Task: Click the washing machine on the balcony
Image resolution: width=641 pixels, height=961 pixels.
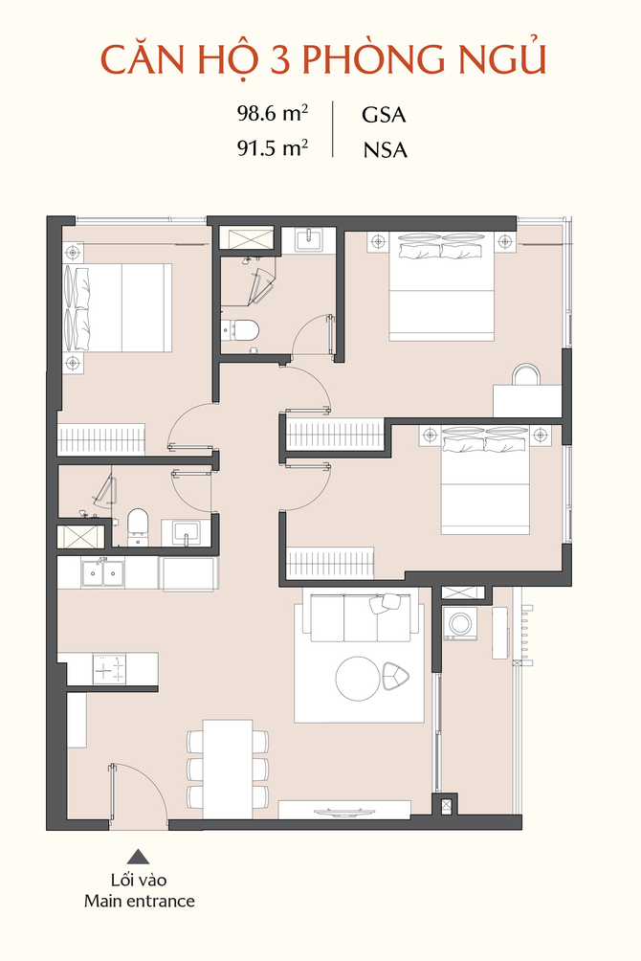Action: [459, 624]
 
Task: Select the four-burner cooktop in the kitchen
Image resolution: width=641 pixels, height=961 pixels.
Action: [109, 669]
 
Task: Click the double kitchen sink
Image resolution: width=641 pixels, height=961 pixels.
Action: [102, 573]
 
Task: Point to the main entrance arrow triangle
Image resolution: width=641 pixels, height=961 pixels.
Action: [138, 857]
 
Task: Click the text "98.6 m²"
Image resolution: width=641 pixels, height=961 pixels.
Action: [273, 113]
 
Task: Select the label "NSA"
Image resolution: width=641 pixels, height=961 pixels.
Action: [385, 150]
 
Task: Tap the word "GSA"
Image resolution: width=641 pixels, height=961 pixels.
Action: [384, 115]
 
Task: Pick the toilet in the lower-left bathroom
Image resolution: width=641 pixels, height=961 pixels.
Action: [138, 525]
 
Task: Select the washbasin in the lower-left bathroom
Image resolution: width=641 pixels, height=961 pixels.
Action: [185, 531]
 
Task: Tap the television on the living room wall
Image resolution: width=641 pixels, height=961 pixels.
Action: [343, 813]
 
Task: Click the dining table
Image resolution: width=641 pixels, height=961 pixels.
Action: [228, 769]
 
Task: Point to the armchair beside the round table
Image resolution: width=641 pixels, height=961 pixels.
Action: [396, 676]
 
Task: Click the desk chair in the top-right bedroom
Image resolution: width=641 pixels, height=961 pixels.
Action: [526, 374]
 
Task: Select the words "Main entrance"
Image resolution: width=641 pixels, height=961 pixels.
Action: [140, 901]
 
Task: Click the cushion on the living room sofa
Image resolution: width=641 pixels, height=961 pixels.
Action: [385, 603]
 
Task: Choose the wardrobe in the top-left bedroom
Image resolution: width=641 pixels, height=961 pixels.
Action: [101, 439]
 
